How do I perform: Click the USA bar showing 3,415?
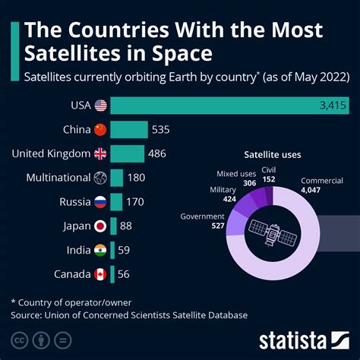228,106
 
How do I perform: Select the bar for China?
129,130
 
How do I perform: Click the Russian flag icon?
99,202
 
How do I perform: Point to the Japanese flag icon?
99,226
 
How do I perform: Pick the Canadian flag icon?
99,273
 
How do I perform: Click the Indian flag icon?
99,250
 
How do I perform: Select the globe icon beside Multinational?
99,178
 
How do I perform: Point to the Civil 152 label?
269,175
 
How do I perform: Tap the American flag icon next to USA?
99,106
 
